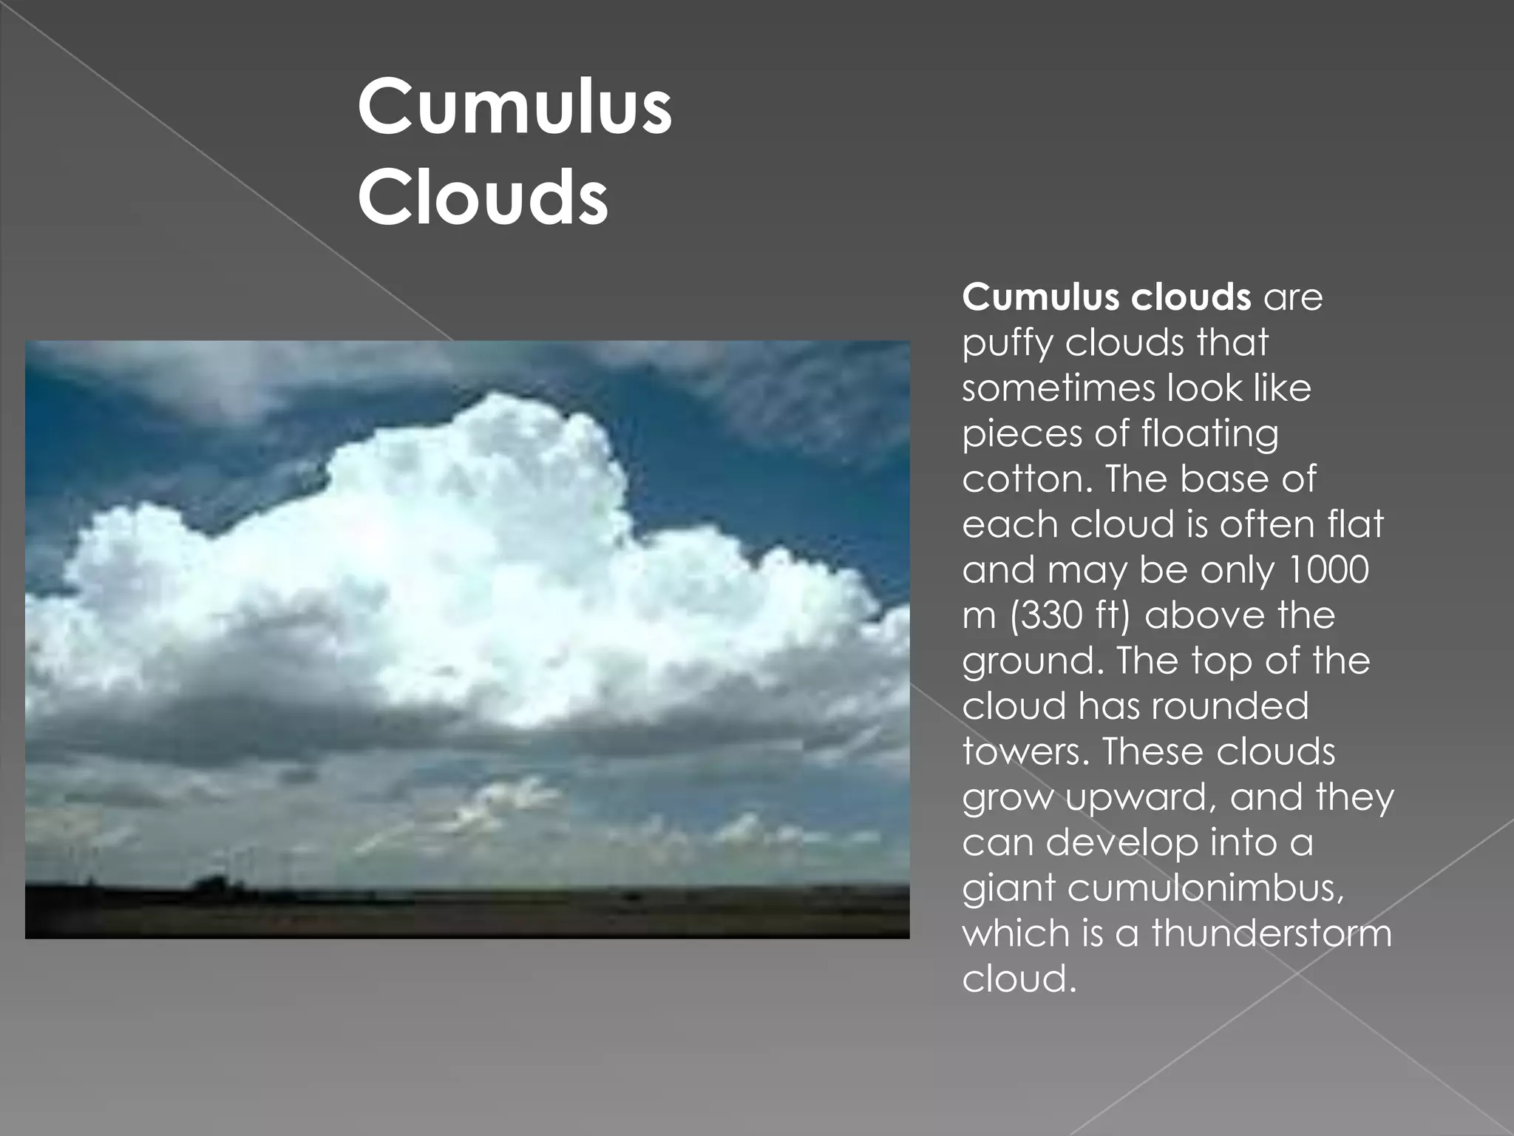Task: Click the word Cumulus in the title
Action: pos(515,108)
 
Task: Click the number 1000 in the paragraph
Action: pos(1328,569)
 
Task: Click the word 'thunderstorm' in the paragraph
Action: pos(1272,933)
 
